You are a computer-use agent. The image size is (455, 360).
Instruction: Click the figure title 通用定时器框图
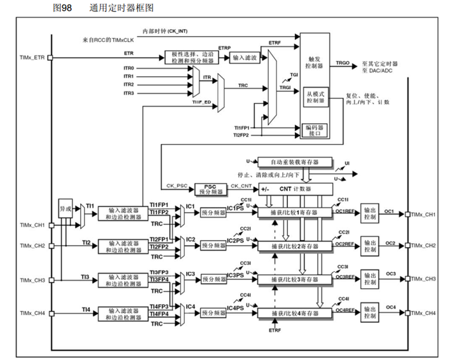[121, 8]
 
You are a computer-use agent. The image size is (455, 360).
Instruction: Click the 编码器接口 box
[315, 130]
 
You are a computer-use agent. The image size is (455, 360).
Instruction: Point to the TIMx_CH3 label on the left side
[32, 280]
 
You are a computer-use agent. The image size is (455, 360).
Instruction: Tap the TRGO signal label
[343, 63]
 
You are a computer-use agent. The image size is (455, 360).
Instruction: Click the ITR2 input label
[128, 84]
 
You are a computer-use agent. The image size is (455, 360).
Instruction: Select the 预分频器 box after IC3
[213, 279]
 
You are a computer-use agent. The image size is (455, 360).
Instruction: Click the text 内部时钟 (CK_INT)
[164, 30]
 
